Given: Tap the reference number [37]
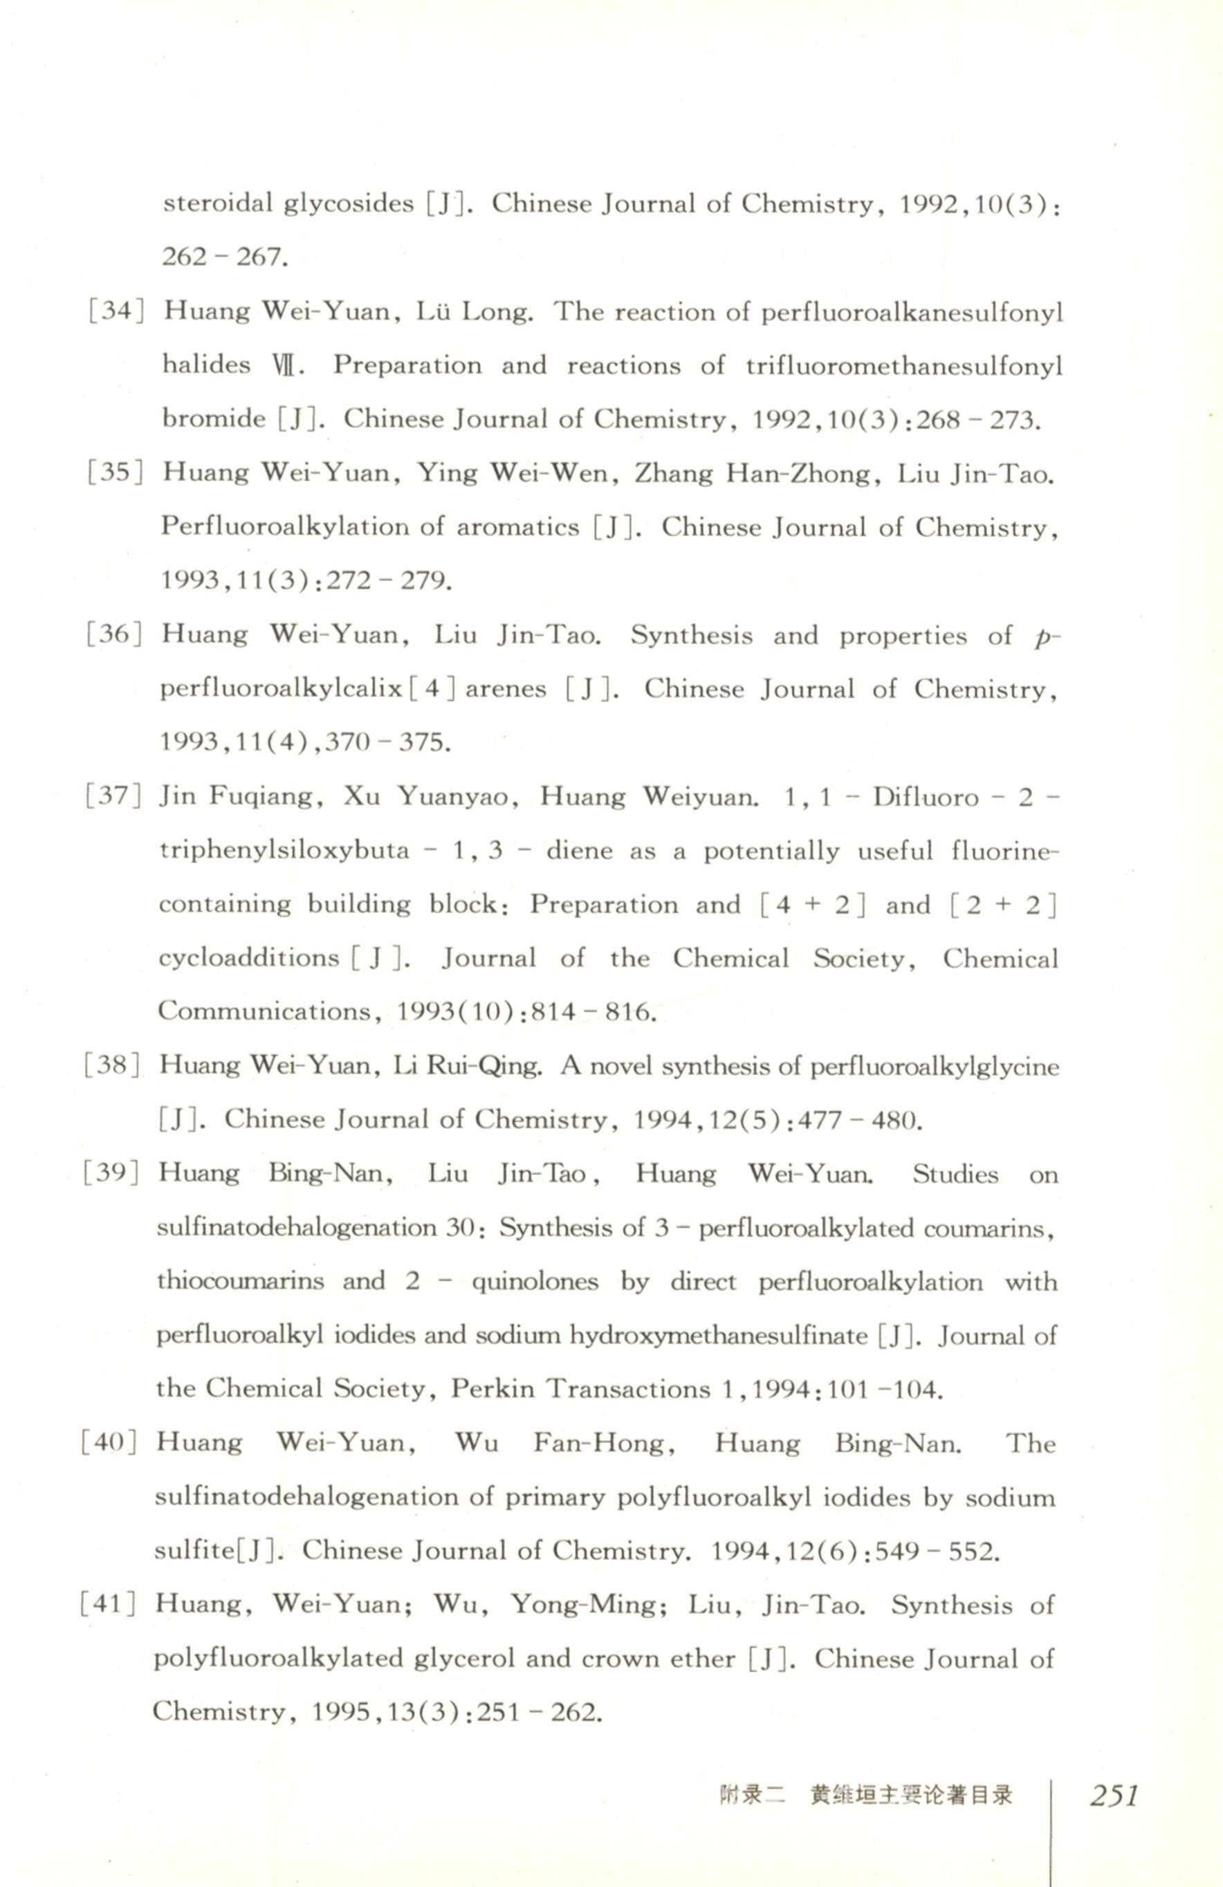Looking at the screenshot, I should (113, 795).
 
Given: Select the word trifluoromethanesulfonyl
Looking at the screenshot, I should (903, 365).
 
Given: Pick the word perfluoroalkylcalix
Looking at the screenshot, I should (282, 689).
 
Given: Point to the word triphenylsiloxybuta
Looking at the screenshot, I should (284, 851).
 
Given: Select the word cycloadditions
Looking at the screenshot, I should (248, 958).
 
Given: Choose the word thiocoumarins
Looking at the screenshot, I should (239, 1281).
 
